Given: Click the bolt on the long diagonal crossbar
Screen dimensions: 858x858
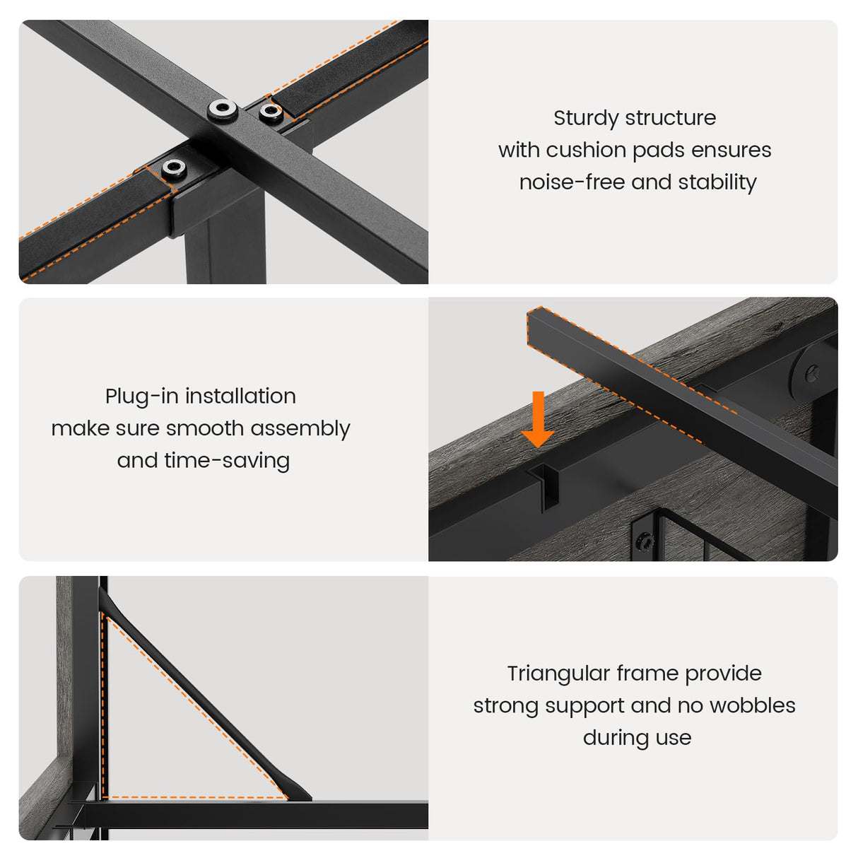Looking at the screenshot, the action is [x=222, y=110].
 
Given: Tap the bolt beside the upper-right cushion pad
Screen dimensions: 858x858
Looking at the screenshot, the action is [x=271, y=112].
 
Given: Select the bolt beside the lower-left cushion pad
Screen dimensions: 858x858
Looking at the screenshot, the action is [x=174, y=168].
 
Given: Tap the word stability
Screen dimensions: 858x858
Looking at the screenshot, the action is [x=717, y=182].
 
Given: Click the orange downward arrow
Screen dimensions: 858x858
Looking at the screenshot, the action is [x=539, y=419].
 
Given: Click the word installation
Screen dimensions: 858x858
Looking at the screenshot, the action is [x=240, y=396].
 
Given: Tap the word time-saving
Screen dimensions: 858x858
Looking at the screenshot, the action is [x=227, y=461].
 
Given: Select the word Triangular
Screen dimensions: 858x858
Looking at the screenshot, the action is [x=558, y=674].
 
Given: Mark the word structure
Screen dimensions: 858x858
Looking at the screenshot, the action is [x=671, y=119].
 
